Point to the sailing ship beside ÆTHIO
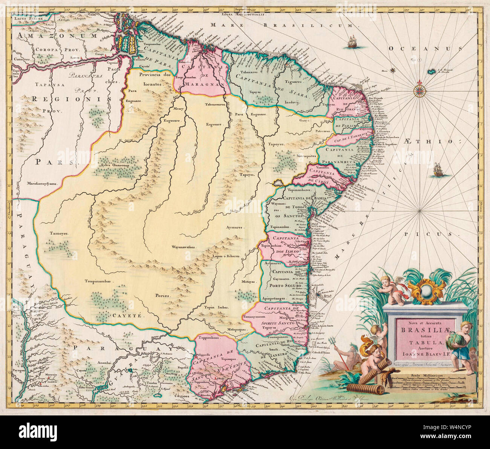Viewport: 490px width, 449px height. click(437, 169)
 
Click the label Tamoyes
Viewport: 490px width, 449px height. click(59, 233)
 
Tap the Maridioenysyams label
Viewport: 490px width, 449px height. click(41, 184)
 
